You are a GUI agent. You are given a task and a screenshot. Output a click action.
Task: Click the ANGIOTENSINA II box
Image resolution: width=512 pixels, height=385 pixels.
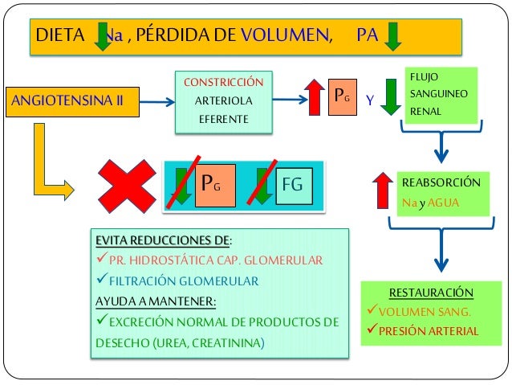tap(70, 100)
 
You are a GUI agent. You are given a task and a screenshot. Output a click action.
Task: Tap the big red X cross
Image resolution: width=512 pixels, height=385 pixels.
tap(127, 186)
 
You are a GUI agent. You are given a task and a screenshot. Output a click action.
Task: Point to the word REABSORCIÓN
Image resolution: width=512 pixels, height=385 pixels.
tap(441, 183)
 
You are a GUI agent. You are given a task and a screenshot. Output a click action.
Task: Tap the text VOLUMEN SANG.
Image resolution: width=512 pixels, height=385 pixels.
tap(425, 312)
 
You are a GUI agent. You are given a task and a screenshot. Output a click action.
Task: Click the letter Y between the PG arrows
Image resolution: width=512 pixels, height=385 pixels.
tap(369, 101)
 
